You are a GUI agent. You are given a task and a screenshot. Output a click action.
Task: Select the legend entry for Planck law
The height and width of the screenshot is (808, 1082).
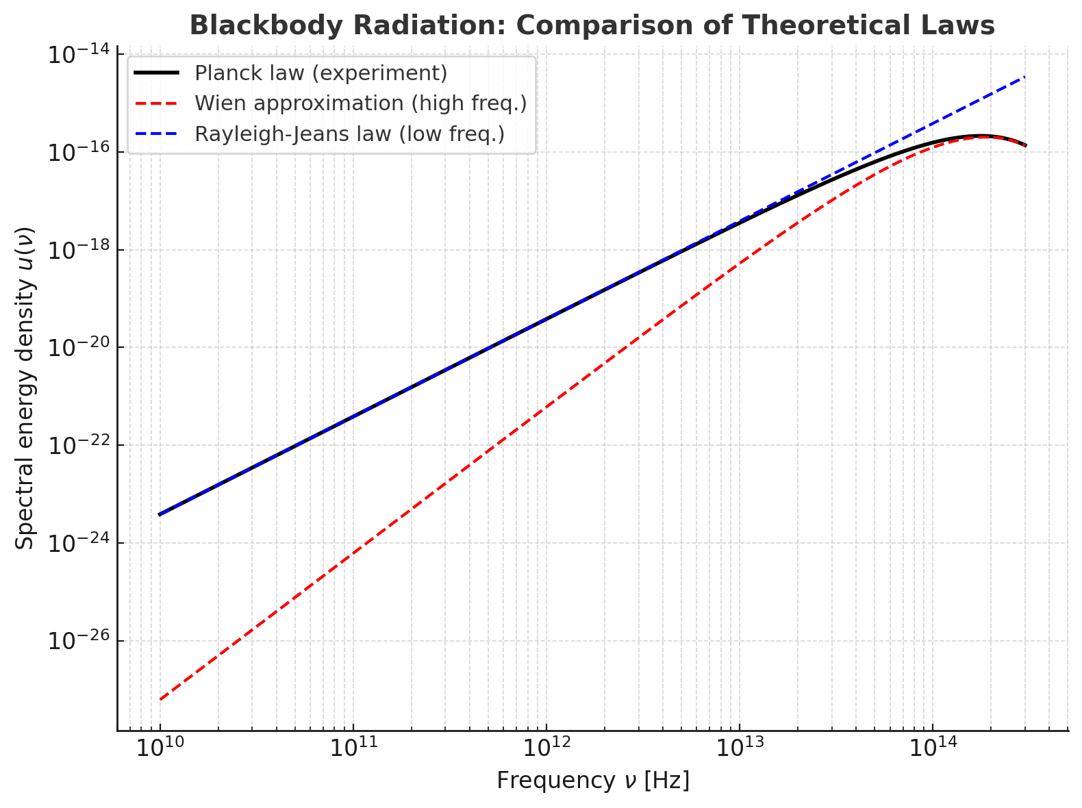point(320,73)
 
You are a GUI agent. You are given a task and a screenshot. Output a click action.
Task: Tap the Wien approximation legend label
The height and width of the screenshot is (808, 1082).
point(360,103)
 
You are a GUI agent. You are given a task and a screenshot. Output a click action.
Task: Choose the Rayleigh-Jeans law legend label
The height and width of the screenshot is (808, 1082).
point(349,134)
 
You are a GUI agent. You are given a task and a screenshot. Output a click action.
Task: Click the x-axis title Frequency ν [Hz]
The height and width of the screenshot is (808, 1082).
point(593,781)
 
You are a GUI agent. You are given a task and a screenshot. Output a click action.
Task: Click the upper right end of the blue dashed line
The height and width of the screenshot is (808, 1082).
point(1025,77)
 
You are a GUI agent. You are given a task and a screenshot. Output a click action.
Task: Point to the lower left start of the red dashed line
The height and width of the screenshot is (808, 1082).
point(160,699)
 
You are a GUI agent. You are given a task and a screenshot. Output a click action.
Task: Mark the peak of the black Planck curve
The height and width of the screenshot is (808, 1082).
point(981,136)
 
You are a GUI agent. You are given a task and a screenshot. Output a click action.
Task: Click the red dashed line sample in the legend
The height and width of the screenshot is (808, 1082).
point(156,103)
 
